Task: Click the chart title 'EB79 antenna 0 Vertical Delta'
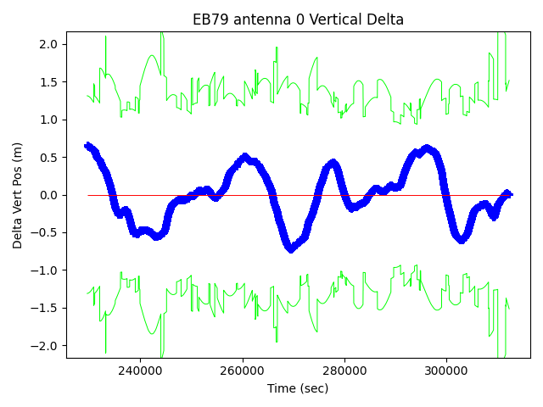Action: click(297, 20)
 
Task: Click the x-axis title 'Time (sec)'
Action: click(297, 388)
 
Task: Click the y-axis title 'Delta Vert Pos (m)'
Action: click(18, 195)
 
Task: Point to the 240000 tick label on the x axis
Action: click(141, 371)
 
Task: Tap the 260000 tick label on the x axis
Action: click(243, 371)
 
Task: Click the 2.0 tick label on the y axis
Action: click(49, 44)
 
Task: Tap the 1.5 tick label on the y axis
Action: click(49, 82)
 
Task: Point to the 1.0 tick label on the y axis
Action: click(49, 120)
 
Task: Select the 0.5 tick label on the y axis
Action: click(49, 158)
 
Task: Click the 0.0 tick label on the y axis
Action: click(49, 195)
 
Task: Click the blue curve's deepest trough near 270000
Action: click(290, 249)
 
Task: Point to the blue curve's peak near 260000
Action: click(244, 157)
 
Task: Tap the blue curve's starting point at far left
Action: click(87, 146)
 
